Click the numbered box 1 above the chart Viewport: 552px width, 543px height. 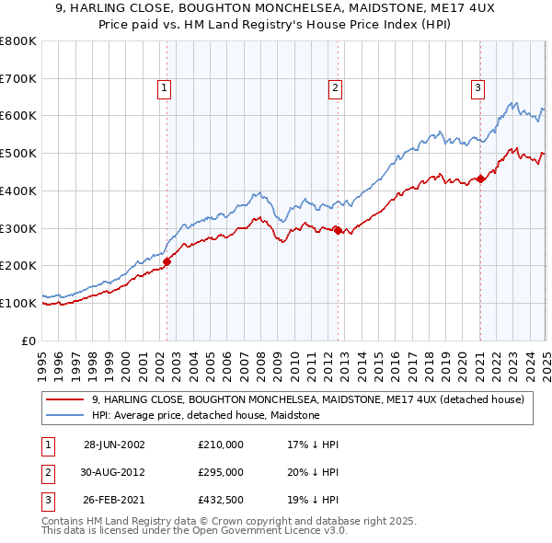pyautogui.click(x=164, y=88)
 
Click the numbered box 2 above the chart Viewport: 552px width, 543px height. pyautogui.click(x=334, y=88)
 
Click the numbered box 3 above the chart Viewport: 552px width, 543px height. pyautogui.click(x=478, y=88)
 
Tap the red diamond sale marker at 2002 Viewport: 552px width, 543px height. pyautogui.click(x=167, y=261)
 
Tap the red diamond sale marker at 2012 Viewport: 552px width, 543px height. pyautogui.click(x=338, y=230)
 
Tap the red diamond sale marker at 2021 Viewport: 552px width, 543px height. pyautogui.click(x=480, y=179)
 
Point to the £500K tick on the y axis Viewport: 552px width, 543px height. pyautogui.click(x=19, y=153)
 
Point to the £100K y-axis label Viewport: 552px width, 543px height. pyautogui.click(x=19, y=303)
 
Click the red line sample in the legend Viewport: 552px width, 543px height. pyautogui.click(x=64, y=399)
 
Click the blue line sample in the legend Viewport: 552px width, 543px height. pyautogui.click(x=64, y=415)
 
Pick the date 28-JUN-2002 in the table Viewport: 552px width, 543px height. pyautogui.click(x=114, y=444)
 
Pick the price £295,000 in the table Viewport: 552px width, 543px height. pyautogui.click(x=220, y=473)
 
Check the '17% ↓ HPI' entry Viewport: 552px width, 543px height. pyautogui.click(x=312, y=444)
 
